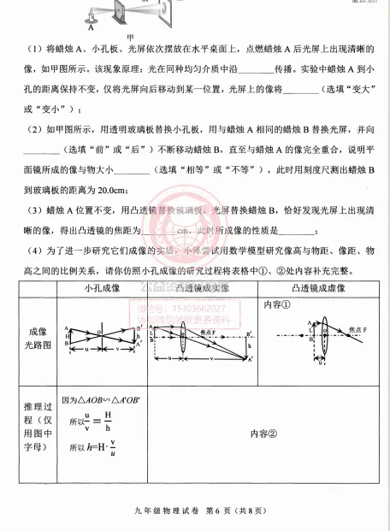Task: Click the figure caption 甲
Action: pyautogui.click(x=130, y=36)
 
